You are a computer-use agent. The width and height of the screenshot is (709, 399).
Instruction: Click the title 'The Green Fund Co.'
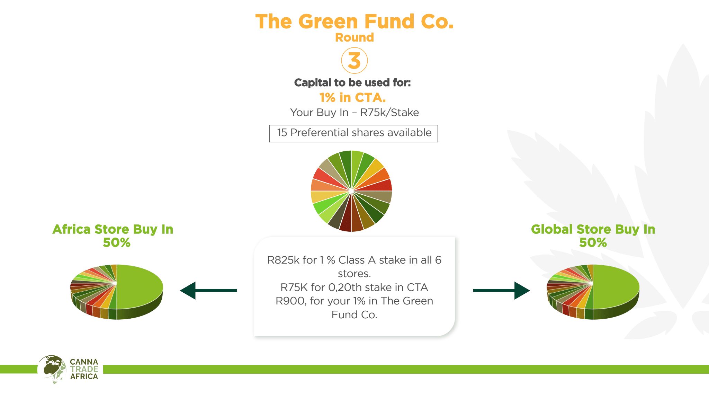point(354,21)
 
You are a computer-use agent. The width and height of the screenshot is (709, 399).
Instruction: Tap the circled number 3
point(354,61)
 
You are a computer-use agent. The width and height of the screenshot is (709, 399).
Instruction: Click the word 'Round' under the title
point(354,37)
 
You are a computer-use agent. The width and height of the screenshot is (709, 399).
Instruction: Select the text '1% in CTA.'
point(352,98)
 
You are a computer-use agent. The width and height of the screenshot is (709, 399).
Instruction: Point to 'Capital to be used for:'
point(352,82)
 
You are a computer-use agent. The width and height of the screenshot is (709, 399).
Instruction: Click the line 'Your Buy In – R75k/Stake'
point(354,113)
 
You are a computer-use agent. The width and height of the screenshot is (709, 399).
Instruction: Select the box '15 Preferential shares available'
point(353,133)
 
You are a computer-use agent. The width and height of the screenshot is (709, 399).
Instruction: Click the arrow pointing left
point(208,290)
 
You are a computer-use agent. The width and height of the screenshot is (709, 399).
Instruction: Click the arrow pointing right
point(501,290)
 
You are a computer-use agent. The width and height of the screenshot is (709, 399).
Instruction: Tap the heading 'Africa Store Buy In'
point(113,229)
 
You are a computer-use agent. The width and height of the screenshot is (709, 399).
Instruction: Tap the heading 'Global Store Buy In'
point(593,229)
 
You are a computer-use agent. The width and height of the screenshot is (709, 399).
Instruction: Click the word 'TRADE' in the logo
point(84,369)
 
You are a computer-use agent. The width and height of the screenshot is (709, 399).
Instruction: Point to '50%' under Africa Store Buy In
point(117,242)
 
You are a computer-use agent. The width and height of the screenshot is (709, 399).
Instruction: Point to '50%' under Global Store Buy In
point(593,242)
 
